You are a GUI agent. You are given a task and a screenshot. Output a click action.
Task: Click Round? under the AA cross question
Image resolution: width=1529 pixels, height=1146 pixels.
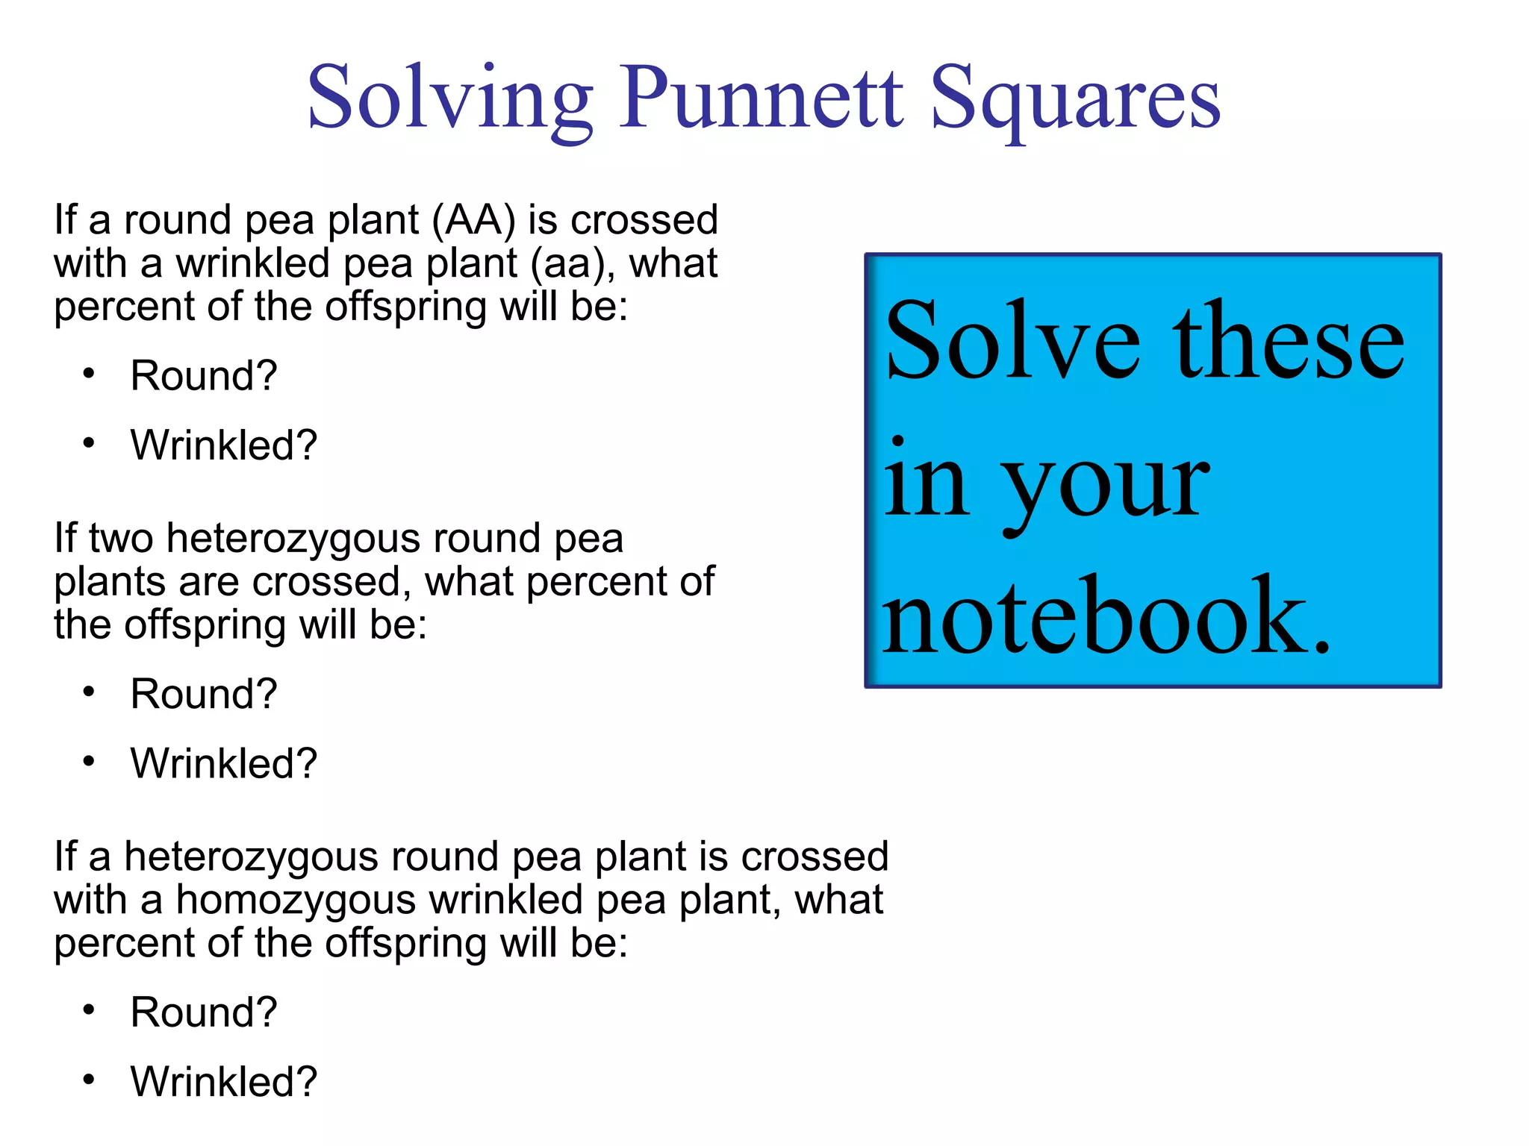203,375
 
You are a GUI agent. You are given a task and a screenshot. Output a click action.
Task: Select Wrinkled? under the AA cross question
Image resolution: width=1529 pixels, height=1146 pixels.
223,445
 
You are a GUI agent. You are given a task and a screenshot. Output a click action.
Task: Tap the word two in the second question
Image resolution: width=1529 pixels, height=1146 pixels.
121,539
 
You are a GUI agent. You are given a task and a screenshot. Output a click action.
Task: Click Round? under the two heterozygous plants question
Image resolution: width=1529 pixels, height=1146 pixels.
203,694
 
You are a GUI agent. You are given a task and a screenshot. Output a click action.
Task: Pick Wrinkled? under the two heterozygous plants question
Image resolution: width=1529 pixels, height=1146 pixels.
223,763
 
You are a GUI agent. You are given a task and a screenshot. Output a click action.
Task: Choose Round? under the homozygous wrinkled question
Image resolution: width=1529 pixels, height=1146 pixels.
203,1012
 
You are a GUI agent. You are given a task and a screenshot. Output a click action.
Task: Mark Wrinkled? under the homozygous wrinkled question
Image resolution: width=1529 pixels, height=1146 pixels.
223,1082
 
